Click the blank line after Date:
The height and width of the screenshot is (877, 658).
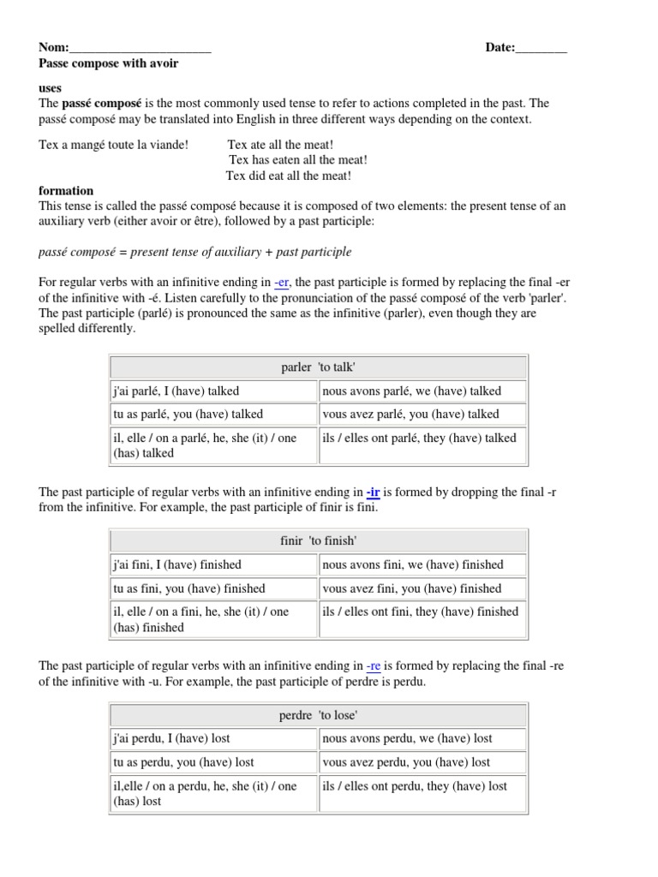(x=541, y=49)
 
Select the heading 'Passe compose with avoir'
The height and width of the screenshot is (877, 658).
(x=109, y=63)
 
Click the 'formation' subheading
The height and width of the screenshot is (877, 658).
(x=66, y=191)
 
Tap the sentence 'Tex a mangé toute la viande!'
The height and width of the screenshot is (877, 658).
(x=114, y=145)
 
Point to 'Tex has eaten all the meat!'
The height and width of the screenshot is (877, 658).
(x=298, y=160)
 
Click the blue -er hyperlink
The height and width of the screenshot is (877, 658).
(x=282, y=283)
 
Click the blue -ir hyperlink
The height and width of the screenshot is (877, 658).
(x=373, y=492)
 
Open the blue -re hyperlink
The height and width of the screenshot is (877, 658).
(x=373, y=665)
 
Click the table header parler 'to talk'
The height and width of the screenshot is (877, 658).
(x=318, y=367)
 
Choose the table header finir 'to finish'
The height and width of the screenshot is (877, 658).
(x=318, y=541)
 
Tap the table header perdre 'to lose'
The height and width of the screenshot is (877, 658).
(x=318, y=715)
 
